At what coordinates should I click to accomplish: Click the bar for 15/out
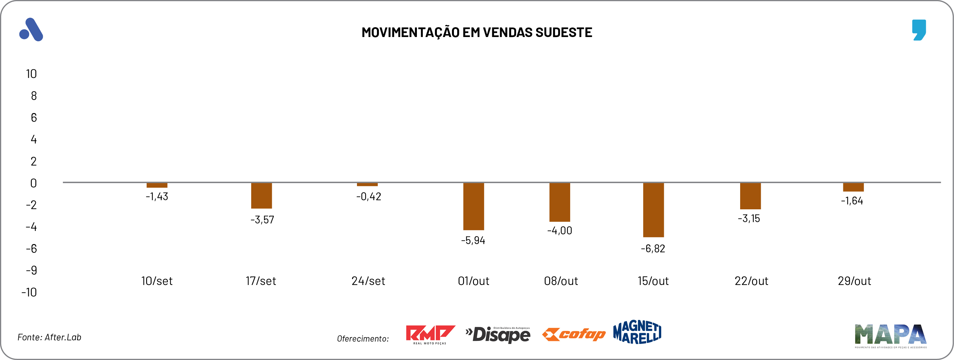(x=653, y=210)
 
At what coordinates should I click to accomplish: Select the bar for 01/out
(x=473, y=206)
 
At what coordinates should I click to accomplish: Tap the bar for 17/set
(x=261, y=196)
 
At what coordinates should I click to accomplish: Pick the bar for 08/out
(x=560, y=202)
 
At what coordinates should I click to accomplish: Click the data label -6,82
(x=653, y=249)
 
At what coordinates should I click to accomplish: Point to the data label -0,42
(x=368, y=196)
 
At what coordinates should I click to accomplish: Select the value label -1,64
(x=852, y=201)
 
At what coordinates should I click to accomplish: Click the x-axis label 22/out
(x=751, y=281)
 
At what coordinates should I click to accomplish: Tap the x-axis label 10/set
(x=157, y=281)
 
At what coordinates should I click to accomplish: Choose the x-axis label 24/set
(x=368, y=281)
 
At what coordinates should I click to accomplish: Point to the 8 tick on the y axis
(x=34, y=96)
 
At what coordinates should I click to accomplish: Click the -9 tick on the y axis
(x=31, y=270)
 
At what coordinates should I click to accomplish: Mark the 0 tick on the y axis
(x=33, y=183)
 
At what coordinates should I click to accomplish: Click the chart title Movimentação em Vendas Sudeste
(x=477, y=32)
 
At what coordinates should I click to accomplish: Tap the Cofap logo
(x=574, y=334)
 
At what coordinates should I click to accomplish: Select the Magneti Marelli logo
(x=637, y=332)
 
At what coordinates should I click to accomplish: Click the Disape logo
(x=498, y=335)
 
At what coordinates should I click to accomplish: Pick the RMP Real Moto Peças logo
(x=430, y=334)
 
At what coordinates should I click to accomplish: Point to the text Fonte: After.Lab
(x=49, y=337)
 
